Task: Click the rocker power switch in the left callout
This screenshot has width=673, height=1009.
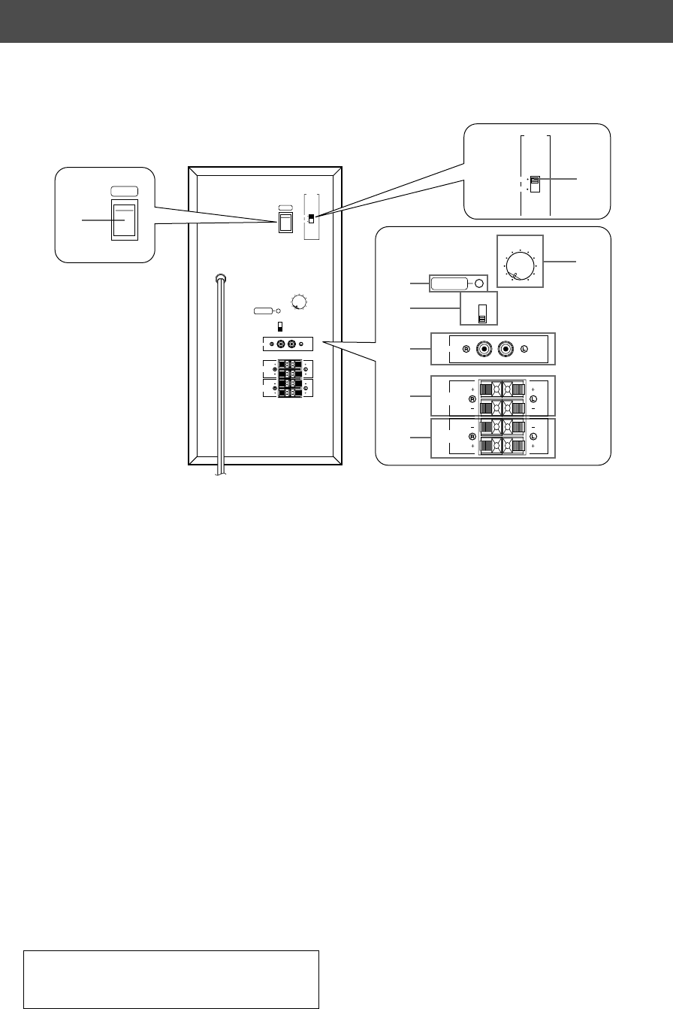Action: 124,220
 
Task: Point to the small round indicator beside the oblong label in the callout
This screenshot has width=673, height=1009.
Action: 478,283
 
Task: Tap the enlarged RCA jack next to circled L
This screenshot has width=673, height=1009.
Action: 509,350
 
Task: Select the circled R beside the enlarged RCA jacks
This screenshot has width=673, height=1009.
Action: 466,350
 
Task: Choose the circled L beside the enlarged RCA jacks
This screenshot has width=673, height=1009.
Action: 525,350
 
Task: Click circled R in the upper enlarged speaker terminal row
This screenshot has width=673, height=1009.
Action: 472,398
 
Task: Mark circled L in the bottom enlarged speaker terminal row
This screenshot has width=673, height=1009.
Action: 532,436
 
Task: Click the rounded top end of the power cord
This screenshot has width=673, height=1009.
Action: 220,277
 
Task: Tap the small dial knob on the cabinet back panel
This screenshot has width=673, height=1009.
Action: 298,302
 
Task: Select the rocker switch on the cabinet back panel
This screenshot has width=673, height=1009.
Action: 285,221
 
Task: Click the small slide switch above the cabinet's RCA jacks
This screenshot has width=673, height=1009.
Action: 280,326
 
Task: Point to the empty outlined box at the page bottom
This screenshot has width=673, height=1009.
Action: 172,978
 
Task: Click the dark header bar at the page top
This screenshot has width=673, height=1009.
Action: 336,20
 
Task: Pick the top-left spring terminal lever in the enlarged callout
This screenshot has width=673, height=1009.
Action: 487,389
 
